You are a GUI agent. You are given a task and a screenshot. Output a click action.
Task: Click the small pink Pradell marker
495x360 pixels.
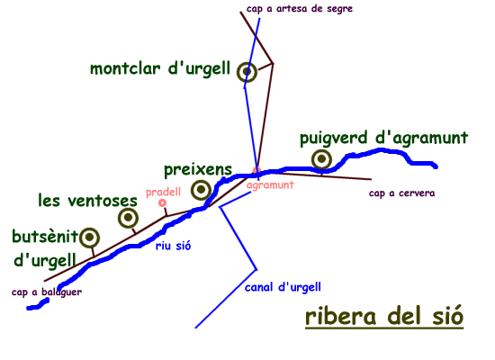(162, 202)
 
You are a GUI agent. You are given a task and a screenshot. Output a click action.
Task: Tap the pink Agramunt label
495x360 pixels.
(270, 185)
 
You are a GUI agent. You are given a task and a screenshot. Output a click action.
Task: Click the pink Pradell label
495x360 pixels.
(163, 192)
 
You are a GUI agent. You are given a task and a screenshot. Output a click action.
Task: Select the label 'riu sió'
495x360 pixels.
(174, 246)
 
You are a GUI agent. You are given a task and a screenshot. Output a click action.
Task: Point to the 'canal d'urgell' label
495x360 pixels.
(283, 287)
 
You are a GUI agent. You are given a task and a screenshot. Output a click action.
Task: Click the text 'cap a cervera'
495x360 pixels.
(401, 193)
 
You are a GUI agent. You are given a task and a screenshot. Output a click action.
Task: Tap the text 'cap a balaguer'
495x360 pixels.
(47, 292)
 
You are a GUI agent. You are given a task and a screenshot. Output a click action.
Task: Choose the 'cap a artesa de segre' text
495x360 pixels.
(300, 9)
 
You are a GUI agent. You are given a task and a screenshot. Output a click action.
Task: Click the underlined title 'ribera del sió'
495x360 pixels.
(384, 316)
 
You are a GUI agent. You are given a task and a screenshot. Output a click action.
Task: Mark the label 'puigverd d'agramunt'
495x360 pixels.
(384, 139)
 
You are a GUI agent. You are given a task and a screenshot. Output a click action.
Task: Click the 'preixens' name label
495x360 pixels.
(198, 170)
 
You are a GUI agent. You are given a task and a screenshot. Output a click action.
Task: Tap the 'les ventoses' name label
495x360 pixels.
(88, 201)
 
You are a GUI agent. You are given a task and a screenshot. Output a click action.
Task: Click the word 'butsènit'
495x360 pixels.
(45, 236)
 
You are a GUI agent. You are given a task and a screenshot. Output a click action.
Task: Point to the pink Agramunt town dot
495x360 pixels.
(256, 170)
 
